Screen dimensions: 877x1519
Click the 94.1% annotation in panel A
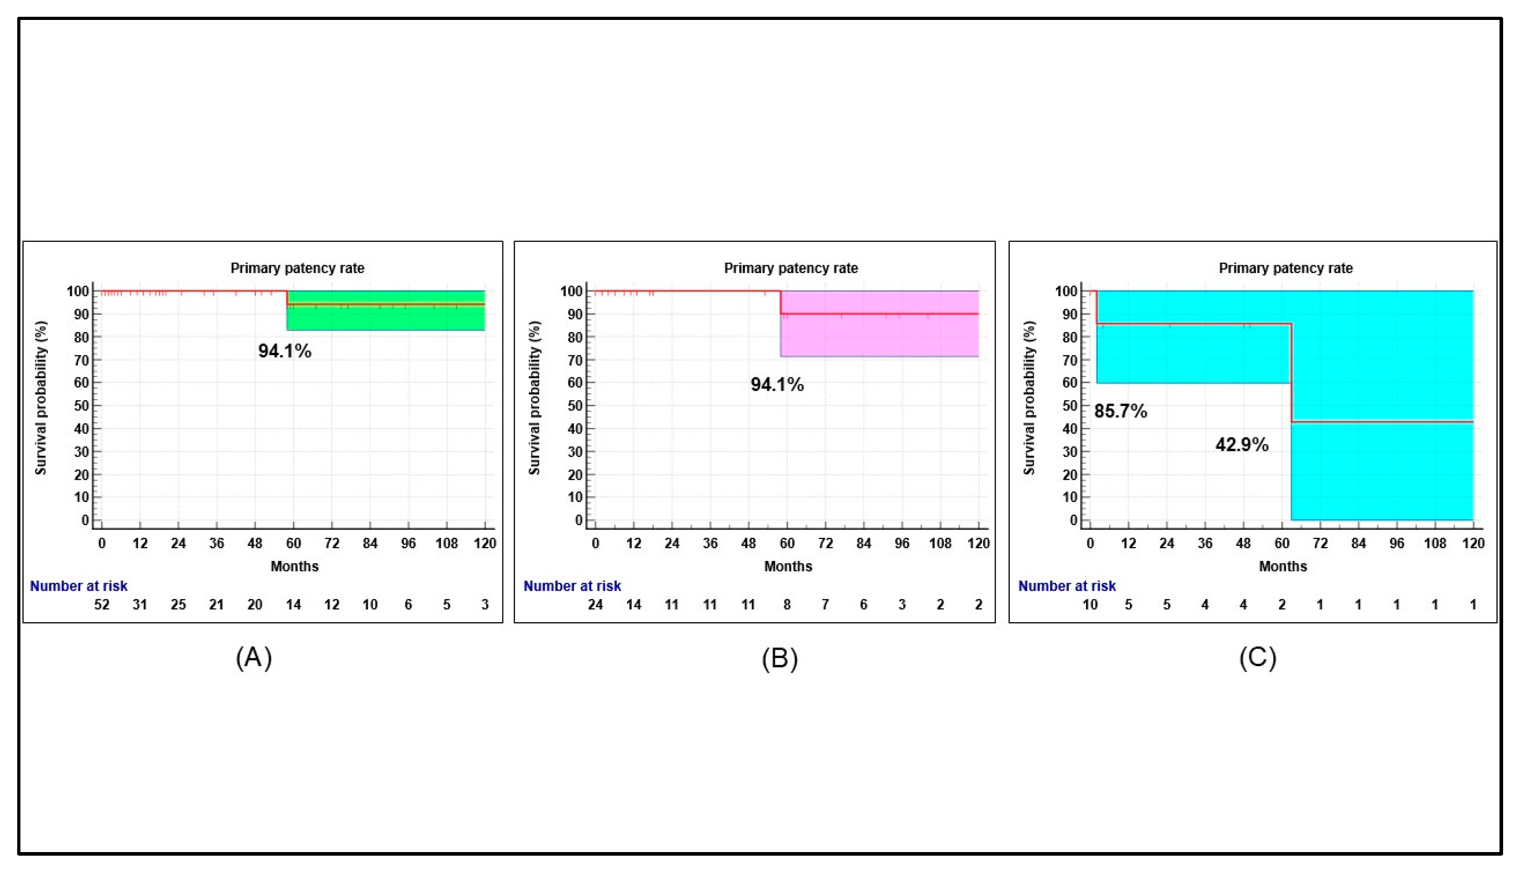coord(284,351)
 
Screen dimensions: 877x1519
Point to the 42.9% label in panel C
coord(1241,444)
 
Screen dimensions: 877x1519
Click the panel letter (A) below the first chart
coord(253,657)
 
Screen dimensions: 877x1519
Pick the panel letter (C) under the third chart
coord(1257,657)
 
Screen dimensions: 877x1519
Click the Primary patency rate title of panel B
coord(790,268)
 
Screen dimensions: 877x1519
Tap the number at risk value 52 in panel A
coord(102,604)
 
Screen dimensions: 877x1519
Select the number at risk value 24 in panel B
coord(595,604)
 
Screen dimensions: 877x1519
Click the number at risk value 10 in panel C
coord(1090,604)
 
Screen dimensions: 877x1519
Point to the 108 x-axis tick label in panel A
coord(446,543)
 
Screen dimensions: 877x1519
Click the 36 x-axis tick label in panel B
coord(710,543)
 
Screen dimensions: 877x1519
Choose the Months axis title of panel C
coord(1282,566)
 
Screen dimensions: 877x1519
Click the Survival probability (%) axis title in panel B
coord(534,398)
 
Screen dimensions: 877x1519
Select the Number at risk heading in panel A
coord(78,585)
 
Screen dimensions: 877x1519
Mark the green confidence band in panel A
coord(385,319)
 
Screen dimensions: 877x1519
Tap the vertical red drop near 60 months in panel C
coord(1291,374)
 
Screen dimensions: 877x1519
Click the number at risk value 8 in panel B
coord(787,604)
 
